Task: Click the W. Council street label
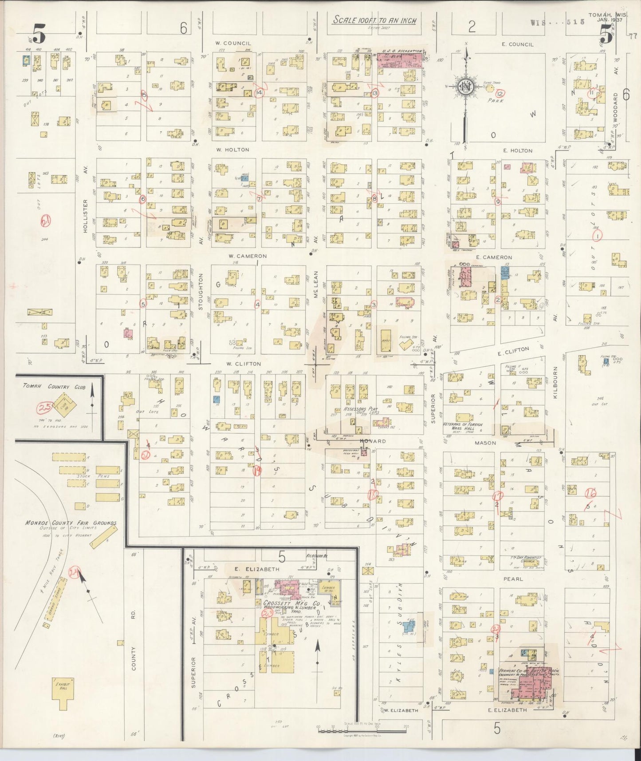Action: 233,43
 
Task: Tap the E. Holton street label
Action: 518,151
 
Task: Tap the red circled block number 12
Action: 500,93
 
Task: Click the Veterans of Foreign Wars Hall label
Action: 463,426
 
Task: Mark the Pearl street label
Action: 513,579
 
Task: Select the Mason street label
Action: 485,443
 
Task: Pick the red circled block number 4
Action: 257,305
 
